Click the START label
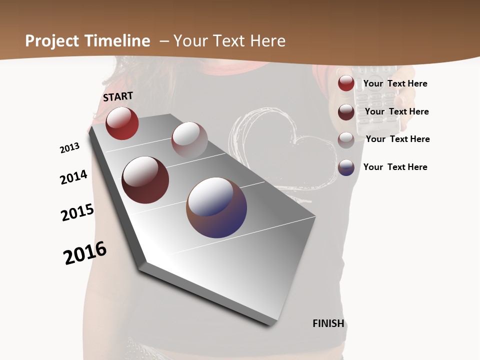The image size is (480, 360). (x=118, y=96)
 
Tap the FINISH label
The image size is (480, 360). (x=328, y=323)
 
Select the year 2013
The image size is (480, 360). (x=69, y=148)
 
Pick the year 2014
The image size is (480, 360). (x=73, y=177)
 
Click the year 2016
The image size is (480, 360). (x=85, y=253)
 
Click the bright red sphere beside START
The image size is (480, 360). (x=122, y=123)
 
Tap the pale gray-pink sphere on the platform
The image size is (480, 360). (x=189, y=139)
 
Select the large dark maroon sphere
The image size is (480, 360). (x=145, y=180)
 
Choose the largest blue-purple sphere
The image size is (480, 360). (x=216, y=207)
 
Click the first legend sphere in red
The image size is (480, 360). (x=346, y=83)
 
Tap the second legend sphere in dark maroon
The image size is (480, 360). (x=346, y=112)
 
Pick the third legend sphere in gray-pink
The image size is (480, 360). (x=346, y=140)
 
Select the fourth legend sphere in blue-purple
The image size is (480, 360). (x=346, y=167)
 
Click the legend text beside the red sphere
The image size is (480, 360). (x=395, y=83)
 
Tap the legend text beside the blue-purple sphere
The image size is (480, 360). (x=395, y=167)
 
